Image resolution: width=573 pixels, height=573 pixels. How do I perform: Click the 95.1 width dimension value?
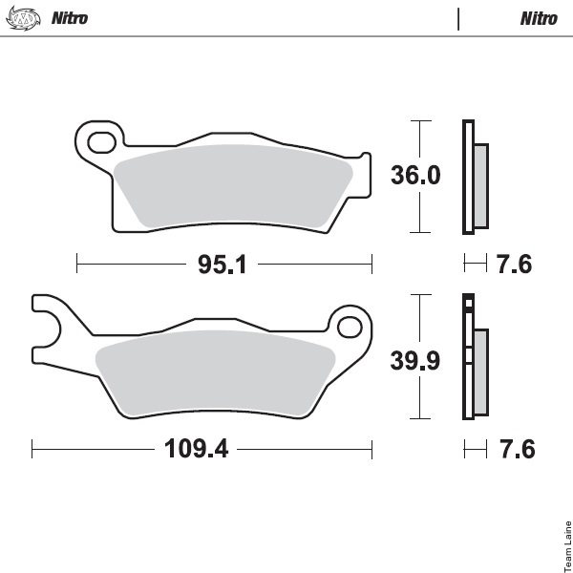223,265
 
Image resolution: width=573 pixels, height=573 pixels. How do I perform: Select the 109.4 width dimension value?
196,449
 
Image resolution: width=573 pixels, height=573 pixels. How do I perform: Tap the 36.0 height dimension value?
415,175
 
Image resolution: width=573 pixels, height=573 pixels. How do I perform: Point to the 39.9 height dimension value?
415,361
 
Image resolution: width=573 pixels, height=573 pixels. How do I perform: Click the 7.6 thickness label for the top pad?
514,265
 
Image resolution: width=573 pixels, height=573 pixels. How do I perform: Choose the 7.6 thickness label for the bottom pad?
517,449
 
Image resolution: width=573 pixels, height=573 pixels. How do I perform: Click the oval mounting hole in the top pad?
102,142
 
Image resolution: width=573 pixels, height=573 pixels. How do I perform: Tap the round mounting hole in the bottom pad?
350,327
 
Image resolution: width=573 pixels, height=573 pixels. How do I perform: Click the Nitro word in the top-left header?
70,18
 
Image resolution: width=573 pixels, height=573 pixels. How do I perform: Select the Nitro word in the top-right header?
539,19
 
